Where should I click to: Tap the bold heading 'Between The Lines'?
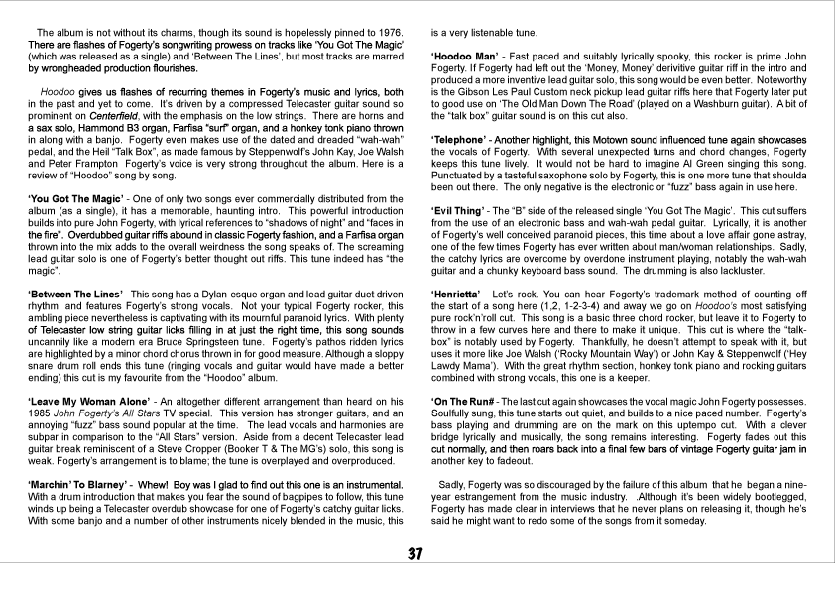tap(72, 294)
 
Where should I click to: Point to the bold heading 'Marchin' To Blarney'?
tap(82, 483)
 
